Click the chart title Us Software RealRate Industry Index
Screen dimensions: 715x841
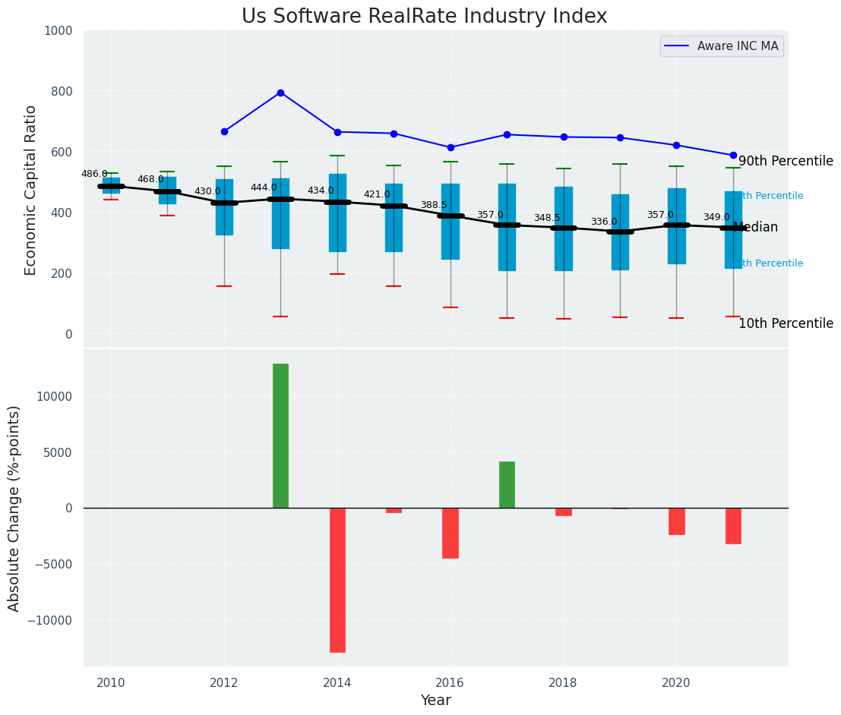424,17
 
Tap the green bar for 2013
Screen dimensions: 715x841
280,436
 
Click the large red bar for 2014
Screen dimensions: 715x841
337,580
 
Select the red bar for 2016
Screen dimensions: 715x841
451,533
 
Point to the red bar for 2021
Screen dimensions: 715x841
733,525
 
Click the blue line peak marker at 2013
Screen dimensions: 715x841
280,93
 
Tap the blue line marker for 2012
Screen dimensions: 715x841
224,131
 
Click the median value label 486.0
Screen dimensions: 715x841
94,174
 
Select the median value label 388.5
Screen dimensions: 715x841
434,205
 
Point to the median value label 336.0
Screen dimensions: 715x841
604,222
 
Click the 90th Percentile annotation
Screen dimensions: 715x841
786,161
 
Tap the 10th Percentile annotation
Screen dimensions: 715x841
786,323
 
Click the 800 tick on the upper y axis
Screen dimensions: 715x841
58,91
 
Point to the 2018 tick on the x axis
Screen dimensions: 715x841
563,682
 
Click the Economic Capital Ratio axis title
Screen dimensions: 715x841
31,190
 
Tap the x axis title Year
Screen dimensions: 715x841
435,701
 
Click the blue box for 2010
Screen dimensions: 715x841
111,186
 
